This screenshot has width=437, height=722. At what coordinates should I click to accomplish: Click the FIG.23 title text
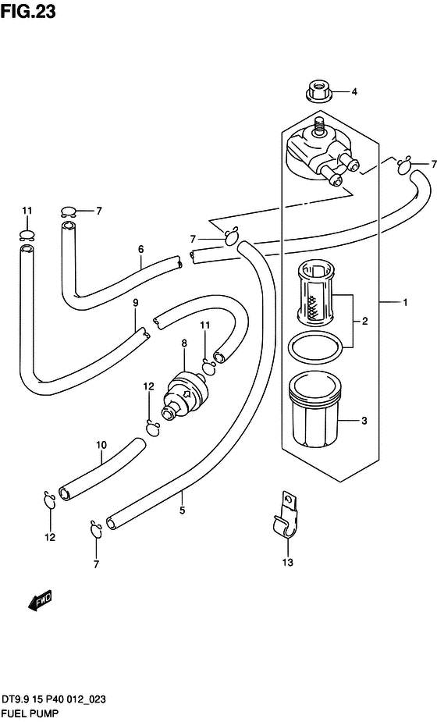pyautogui.click(x=28, y=11)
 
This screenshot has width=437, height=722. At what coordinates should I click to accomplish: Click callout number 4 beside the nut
pyautogui.click(x=354, y=91)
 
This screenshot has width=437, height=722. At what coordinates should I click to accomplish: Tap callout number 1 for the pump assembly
pyautogui.click(x=392, y=303)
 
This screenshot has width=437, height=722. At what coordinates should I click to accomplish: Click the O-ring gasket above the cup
pyautogui.click(x=314, y=347)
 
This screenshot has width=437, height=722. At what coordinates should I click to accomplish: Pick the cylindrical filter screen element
pyautogui.click(x=314, y=291)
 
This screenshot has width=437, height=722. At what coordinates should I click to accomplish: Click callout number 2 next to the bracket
pyautogui.click(x=364, y=321)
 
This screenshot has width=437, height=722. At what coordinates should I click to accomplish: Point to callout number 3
pyautogui.click(x=364, y=421)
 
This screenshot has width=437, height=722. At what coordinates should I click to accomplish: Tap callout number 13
pyautogui.click(x=288, y=562)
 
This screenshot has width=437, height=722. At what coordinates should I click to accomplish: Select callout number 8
pyautogui.click(x=184, y=343)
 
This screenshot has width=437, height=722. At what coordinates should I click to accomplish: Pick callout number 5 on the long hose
pyautogui.click(x=183, y=510)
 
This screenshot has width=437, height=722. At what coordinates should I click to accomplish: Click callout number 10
pyautogui.click(x=101, y=445)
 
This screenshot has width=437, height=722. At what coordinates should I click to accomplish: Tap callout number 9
pyautogui.click(x=135, y=303)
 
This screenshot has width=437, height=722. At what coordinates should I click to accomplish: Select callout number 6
pyautogui.click(x=141, y=249)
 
